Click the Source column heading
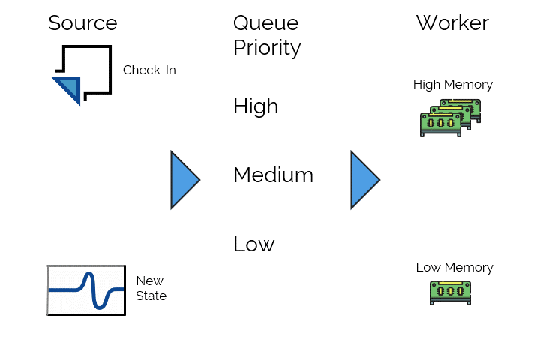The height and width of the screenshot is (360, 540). [82, 22]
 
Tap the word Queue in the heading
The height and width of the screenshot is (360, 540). [265, 23]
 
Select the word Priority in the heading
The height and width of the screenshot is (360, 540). [267, 48]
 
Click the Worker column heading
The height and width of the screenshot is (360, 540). [452, 22]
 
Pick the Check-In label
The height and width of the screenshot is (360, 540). [149, 70]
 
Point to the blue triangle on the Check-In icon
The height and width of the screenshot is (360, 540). [66, 88]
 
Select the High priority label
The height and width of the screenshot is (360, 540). [256, 106]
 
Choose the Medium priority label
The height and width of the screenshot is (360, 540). [273, 175]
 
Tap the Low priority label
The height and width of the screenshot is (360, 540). [253, 244]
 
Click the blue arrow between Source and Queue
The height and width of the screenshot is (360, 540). [184, 179]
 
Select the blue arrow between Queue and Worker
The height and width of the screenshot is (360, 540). [364, 179]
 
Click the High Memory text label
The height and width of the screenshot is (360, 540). [452, 85]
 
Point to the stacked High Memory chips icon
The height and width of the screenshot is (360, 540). [449, 118]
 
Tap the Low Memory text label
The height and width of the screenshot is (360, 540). [454, 268]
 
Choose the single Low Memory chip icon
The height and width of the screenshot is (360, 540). [450, 292]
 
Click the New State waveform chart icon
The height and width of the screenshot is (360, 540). [85, 289]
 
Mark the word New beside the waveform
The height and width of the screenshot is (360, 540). [149, 281]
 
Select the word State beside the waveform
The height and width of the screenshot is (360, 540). [151, 296]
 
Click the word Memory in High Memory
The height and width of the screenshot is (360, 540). [469, 85]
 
